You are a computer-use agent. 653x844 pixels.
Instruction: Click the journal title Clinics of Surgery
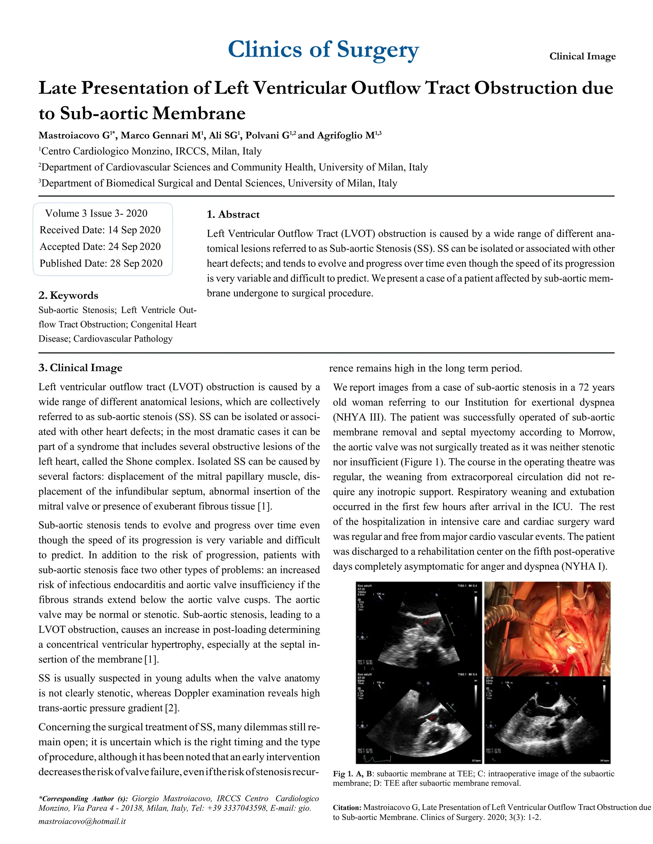pyautogui.click(x=323, y=50)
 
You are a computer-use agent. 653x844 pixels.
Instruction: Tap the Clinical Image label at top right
pyautogui.click(x=582, y=56)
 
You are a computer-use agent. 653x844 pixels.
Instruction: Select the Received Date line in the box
pyautogui.click(x=100, y=230)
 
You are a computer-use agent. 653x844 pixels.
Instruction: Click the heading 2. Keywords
pyautogui.click(x=68, y=295)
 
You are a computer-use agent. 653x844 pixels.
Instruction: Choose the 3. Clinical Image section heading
pyautogui.click(x=80, y=368)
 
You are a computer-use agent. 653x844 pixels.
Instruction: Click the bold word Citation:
pyautogui.click(x=347, y=807)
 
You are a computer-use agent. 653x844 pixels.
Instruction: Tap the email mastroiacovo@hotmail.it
pyautogui.click(x=82, y=821)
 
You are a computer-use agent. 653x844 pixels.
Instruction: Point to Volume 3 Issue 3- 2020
pyautogui.click(x=96, y=213)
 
